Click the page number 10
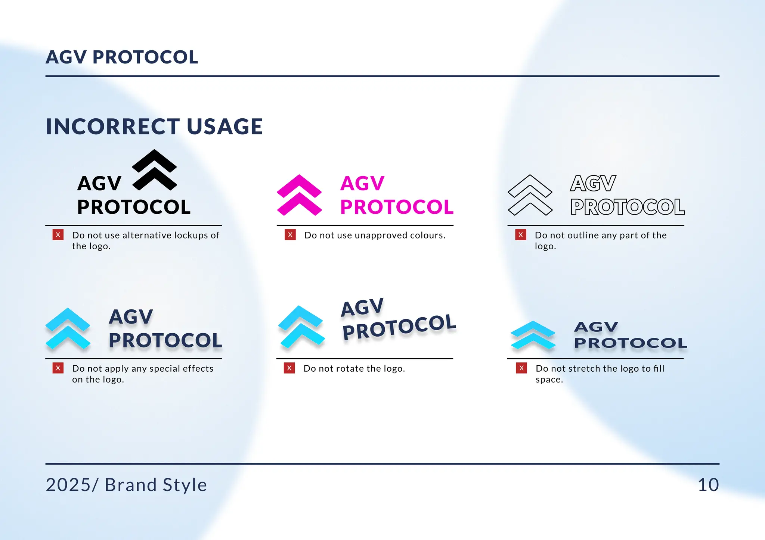pos(708,485)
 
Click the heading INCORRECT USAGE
pos(154,127)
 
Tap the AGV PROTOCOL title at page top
pos(122,57)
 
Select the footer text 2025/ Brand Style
pos(126,485)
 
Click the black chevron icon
pos(155,170)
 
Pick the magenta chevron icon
pos(299,195)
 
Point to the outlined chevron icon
pos(530,195)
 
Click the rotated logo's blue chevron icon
pos(301,327)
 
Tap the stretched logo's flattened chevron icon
pos(533,335)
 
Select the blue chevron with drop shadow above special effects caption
pos(68,328)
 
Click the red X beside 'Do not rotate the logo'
pos(289,368)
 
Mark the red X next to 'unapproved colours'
pos(290,235)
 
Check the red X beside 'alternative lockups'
pos(58,235)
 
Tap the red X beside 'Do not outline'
pos(521,235)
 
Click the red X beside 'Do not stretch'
pos(521,368)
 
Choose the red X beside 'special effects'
pos(58,368)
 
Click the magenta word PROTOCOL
pos(397,207)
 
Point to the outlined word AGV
pos(593,184)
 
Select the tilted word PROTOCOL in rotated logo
pos(399,327)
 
